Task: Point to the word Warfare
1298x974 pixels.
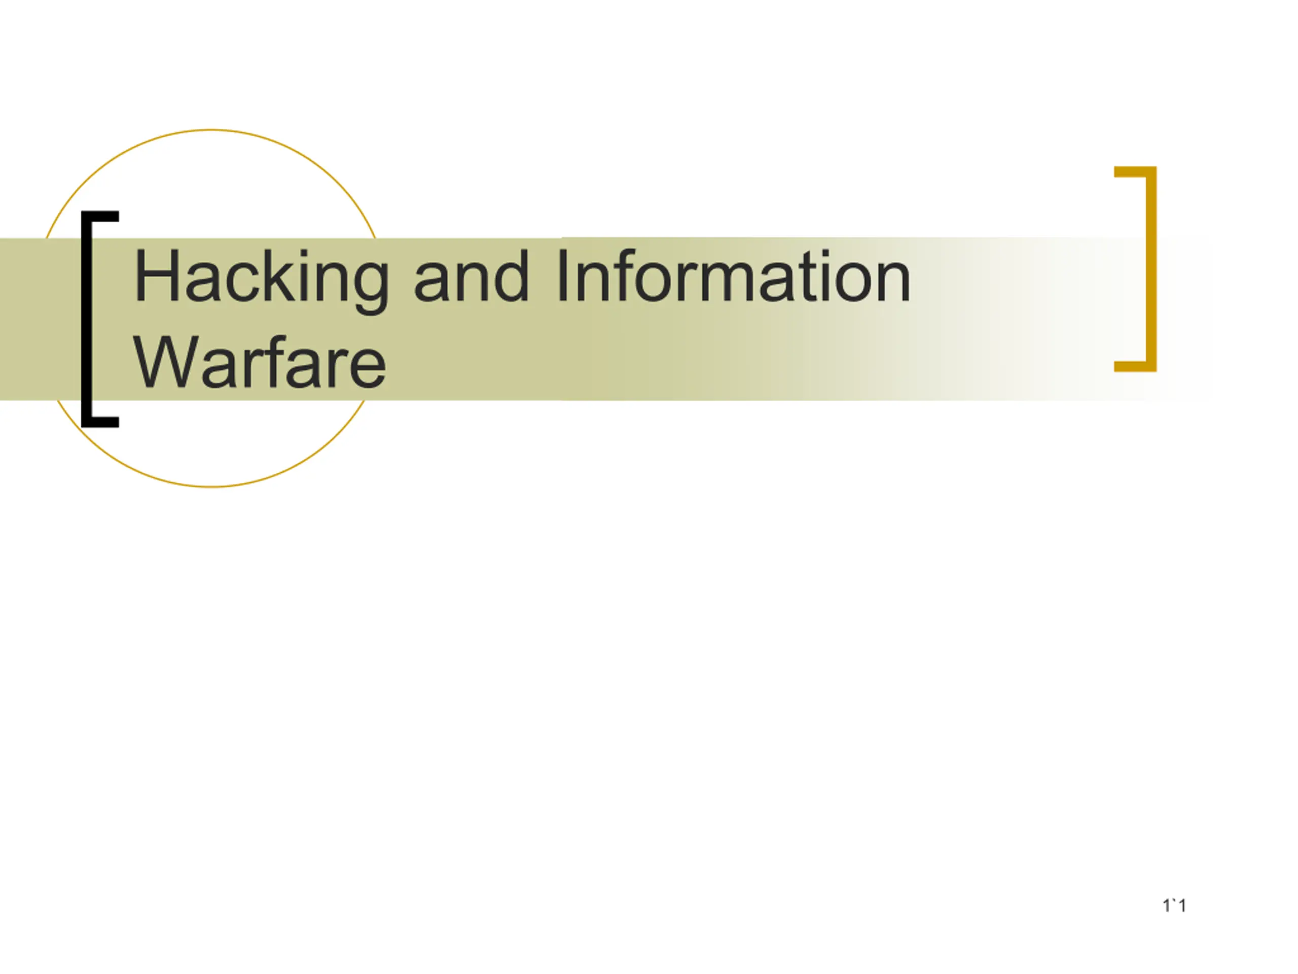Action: coord(260,363)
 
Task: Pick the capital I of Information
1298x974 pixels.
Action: coord(562,275)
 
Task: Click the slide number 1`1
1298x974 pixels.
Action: coord(1174,906)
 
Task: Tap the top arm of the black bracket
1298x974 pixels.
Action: coord(100,216)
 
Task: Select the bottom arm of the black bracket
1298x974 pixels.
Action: coord(100,422)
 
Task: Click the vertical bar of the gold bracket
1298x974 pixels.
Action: coord(1151,269)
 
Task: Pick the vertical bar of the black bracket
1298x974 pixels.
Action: coord(87,319)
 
